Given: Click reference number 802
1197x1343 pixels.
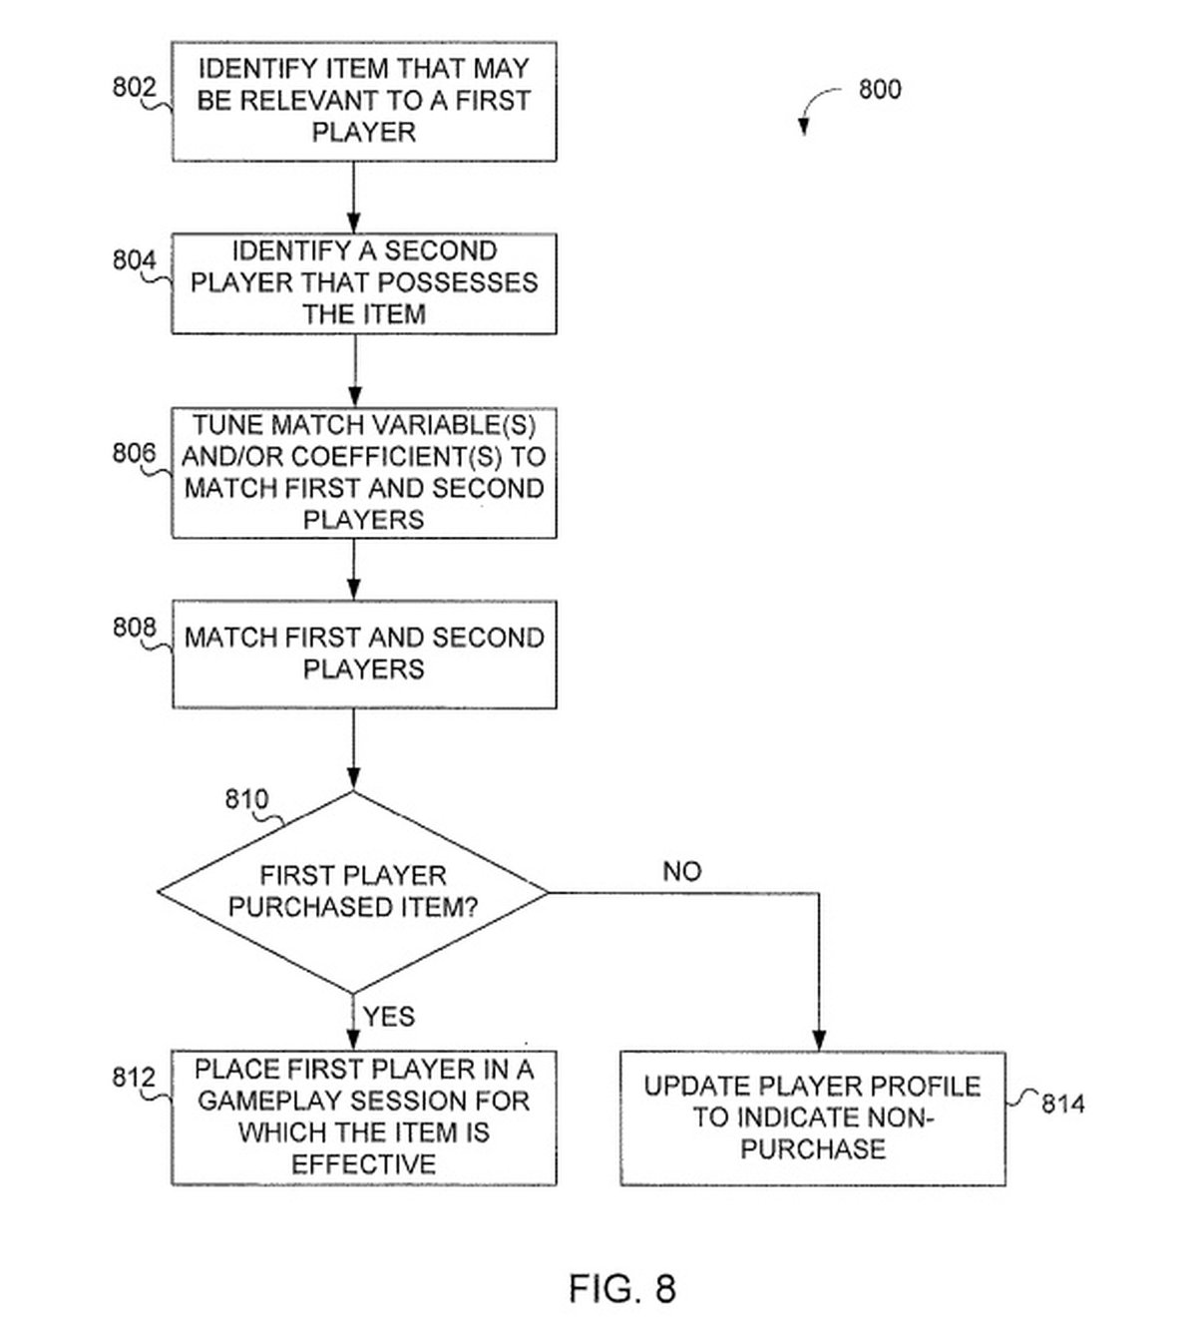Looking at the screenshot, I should (134, 88).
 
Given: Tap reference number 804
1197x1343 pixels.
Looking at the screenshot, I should (134, 260).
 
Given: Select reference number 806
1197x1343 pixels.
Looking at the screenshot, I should (134, 454).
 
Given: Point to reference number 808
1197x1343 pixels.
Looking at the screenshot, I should (134, 628).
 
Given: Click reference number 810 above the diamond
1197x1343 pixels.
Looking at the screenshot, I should (246, 799).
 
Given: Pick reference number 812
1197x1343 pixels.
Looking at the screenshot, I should (134, 1078).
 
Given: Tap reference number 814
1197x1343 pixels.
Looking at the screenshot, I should (1062, 1104).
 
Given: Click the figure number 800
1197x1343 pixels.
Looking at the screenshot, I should (880, 90).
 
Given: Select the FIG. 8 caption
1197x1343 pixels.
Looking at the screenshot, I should (622, 1288).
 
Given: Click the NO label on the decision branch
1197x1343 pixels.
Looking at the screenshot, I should (682, 871).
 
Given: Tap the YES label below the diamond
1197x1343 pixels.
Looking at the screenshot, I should (388, 1017).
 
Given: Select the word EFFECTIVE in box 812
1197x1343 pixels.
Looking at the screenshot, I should (363, 1164).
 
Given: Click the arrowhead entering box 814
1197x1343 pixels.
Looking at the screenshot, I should (819, 1040).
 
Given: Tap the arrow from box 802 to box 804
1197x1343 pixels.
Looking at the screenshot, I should (354, 198).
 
